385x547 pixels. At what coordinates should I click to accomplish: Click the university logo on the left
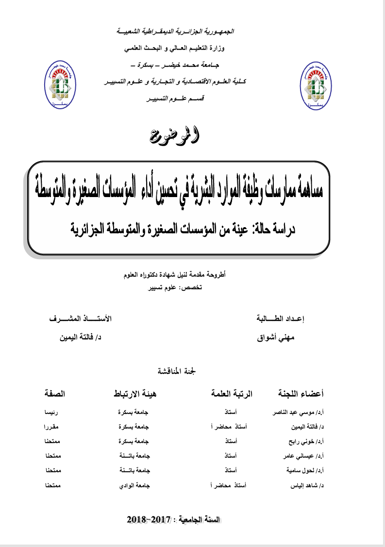[61, 85]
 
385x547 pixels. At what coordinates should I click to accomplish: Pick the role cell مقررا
[51, 427]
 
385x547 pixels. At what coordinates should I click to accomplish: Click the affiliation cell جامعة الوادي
[133, 485]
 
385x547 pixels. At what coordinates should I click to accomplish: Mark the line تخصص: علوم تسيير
[178, 287]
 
